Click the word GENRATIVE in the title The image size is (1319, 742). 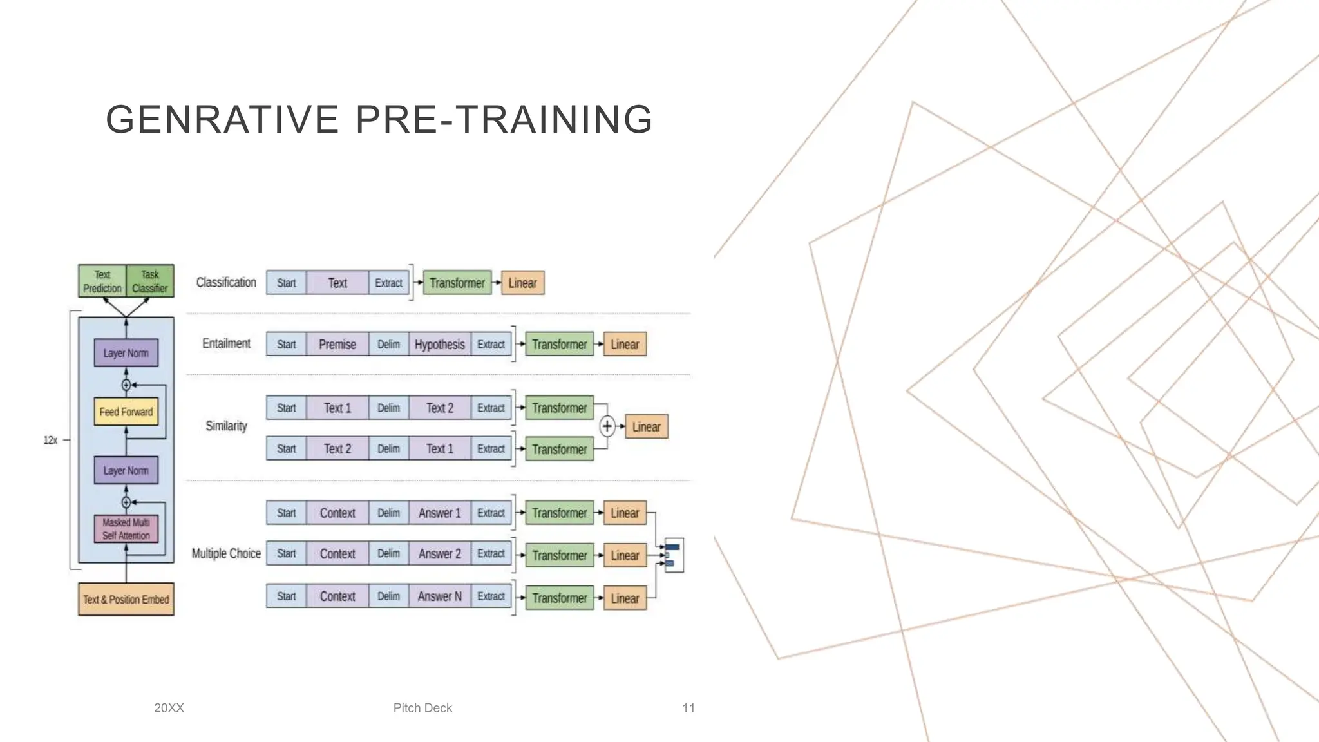point(222,120)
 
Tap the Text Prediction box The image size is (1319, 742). point(102,281)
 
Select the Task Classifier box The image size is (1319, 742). point(150,281)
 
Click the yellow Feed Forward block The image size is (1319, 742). point(126,412)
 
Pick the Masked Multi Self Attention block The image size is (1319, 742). point(126,529)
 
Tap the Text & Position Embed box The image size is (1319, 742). point(126,599)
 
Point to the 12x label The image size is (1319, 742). point(50,440)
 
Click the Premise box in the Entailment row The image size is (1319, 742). point(337,344)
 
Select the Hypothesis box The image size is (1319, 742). point(439,344)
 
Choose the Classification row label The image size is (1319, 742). point(226,282)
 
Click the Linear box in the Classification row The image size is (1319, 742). point(522,283)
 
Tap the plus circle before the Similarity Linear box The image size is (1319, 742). point(607,426)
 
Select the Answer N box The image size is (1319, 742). point(439,596)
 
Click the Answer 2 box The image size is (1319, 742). point(439,553)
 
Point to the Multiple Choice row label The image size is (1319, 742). point(226,553)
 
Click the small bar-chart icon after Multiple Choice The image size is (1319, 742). point(673,555)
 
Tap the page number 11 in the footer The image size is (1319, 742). point(688,708)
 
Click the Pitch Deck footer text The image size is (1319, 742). point(422,708)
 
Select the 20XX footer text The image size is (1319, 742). point(169,708)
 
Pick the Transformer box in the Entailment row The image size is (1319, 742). point(559,344)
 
